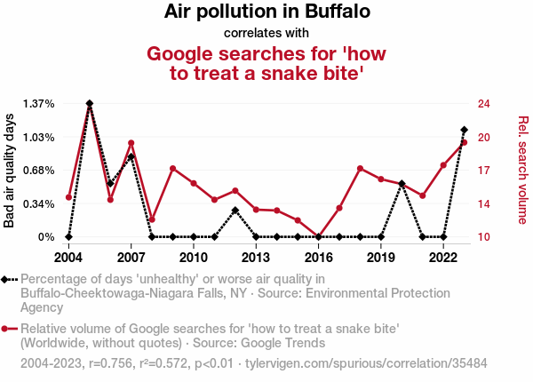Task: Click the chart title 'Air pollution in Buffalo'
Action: coord(266,12)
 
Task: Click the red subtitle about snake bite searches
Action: coord(266,63)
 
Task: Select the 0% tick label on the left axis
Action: coord(46,237)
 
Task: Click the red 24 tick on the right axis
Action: coord(483,104)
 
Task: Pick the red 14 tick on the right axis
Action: coord(483,204)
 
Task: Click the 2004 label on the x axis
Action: coord(68,258)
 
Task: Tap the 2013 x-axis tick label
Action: coord(256,258)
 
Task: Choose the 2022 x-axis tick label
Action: coord(443,258)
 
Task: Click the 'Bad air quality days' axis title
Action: coord(10,171)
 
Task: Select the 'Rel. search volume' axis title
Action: coord(522,170)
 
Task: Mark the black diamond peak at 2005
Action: coord(90,104)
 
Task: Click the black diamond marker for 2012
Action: coord(235,211)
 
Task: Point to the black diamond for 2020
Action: coord(402,184)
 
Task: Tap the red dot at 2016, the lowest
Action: coord(318,236)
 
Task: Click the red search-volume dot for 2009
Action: coord(172,169)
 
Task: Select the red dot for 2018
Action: coord(360,169)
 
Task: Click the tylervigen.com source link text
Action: coord(365,364)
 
